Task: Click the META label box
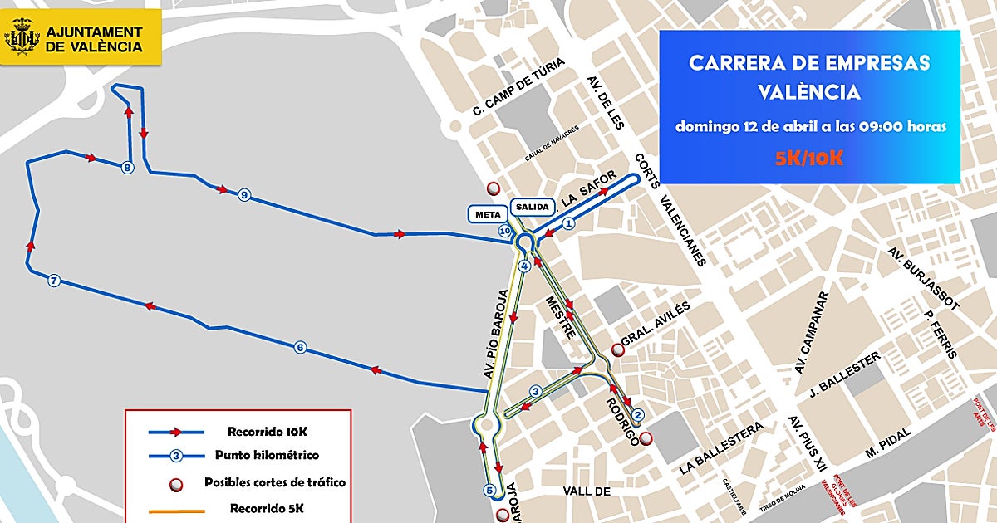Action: click(487, 214)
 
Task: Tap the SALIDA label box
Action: click(532, 206)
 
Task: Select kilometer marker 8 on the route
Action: click(127, 169)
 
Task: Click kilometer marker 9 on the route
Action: click(243, 195)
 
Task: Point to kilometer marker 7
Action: click(54, 281)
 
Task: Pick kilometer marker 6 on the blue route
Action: click(300, 348)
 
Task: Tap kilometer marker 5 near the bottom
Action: click(490, 490)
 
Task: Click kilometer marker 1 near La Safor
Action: click(569, 223)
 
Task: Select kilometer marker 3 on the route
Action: click(536, 391)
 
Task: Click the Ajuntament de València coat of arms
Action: click(22, 38)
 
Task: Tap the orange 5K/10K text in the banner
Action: click(809, 159)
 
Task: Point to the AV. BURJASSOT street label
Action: click(922, 278)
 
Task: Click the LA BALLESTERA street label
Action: click(720, 449)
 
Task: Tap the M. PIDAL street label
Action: click(887, 441)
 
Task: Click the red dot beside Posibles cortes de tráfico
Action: click(175, 482)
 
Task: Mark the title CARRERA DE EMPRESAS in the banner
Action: click(809, 63)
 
